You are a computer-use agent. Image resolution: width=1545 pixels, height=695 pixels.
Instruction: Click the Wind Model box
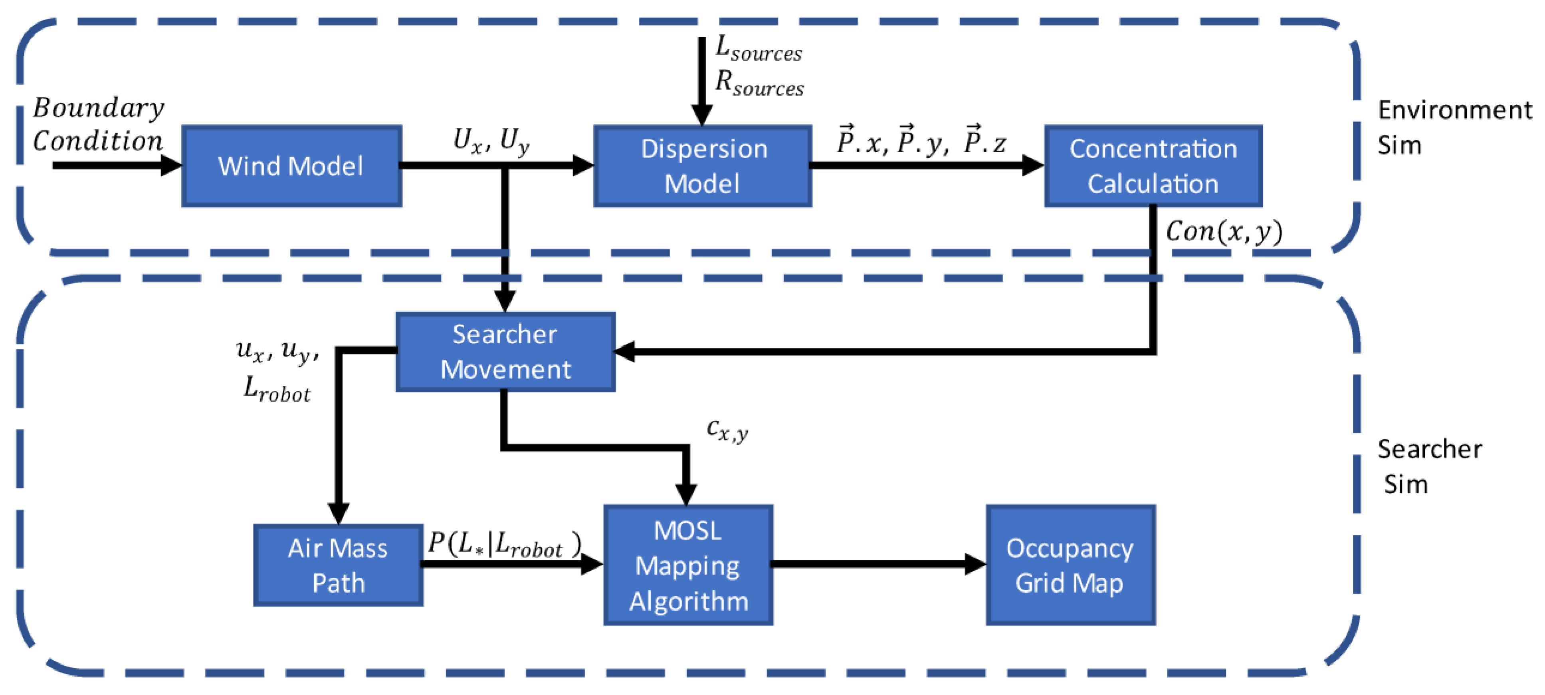pyautogui.click(x=291, y=166)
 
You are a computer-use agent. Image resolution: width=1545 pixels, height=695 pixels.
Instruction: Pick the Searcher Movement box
pyautogui.click(x=505, y=352)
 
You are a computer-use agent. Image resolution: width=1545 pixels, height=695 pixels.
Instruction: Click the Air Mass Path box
pyautogui.click(x=338, y=566)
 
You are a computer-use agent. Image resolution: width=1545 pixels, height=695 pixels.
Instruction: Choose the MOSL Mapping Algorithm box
pyautogui.click(x=688, y=566)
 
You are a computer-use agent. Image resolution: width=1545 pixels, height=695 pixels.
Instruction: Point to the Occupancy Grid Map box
pyautogui.click(x=1071, y=566)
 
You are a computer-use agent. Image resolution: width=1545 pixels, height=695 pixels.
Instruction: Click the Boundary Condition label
pyautogui.click(x=98, y=124)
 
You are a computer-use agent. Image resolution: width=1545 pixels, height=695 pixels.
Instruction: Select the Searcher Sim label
pyautogui.click(x=1429, y=466)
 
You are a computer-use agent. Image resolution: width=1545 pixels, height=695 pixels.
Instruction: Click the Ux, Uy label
pyautogui.click(x=491, y=141)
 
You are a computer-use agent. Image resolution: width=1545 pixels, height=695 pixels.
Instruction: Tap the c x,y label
pyautogui.click(x=727, y=430)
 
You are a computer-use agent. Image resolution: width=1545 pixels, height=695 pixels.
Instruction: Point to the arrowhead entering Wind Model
pyautogui.click(x=172, y=165)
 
